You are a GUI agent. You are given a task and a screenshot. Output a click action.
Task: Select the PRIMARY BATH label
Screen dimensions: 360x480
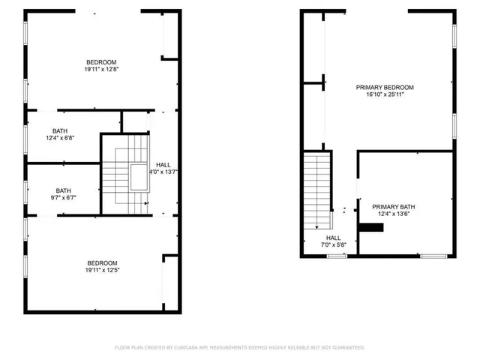coord(394,206)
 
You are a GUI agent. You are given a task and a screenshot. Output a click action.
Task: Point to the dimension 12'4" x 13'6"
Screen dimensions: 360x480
coord(394,214)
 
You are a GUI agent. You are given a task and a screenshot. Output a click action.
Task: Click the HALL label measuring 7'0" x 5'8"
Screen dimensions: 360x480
coord(333,238)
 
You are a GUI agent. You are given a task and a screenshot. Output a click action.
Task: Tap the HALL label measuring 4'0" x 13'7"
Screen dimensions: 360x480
coord(163,164)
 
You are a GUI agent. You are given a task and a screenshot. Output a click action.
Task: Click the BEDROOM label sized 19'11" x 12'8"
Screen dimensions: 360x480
coord(101,62)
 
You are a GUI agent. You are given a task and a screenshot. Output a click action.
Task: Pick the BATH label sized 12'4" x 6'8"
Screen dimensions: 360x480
coord(60,130)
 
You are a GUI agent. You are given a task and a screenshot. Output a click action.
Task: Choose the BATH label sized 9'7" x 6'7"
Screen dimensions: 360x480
coord(63,190)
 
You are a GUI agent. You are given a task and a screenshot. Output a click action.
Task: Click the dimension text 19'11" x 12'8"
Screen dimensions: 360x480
coord(101,70)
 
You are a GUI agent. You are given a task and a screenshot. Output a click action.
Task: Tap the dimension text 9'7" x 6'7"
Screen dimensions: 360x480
coord(63,198)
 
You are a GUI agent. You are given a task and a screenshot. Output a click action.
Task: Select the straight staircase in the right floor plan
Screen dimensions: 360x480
coord(317,191)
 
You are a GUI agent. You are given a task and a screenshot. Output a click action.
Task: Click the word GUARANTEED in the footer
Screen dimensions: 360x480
coord(346,348)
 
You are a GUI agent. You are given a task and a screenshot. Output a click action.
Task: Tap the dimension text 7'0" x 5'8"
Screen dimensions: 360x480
coord(333,245)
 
